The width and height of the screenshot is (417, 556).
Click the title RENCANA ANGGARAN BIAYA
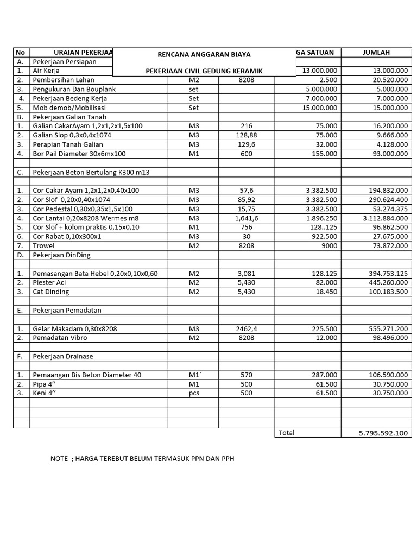[x=204, y=55]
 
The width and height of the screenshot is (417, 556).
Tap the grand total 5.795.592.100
[x=383, y=433]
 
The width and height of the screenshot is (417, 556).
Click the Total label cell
[x=286, y=433]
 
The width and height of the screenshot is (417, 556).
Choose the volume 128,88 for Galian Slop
[x=246, y=135]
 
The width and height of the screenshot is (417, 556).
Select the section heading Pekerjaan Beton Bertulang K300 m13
[x=91, y=172]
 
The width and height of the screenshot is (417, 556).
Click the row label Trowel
[x=43, y=246]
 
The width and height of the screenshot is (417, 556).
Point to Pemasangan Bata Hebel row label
[x=95, y=274]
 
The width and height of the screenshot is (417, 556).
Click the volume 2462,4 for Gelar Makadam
[x=246, y=329]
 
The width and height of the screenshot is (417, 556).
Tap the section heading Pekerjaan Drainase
[x=63, y=357]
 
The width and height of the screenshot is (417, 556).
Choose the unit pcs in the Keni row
[x=194, y=393]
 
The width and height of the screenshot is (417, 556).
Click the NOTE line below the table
[x=142, y=459]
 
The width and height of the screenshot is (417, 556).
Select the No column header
[x=21, y=53]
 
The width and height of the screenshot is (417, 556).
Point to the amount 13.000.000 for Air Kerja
[x=385, y=71]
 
